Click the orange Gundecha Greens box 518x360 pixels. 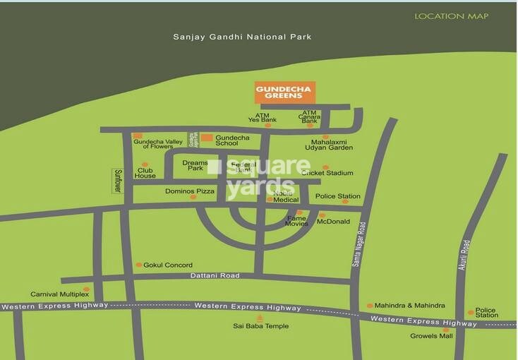tap(284, 92)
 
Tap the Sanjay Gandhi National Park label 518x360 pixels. tap(242, 37)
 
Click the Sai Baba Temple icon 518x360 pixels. tap(260, 318)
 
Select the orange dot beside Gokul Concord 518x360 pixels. tap(138, 265)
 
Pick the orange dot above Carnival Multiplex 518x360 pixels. tap(86, 289)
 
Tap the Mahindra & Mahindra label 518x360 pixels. tap(410, 306)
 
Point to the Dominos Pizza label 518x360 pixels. tap(190, 191)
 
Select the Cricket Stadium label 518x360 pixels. tap(327, 172)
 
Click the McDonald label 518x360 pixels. tap(333, 222)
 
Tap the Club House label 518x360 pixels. tap(145, 172)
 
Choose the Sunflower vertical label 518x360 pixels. tap(118, 180)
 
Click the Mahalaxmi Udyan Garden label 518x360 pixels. tap(328, 145)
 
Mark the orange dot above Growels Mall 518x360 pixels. tap(445, 329)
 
